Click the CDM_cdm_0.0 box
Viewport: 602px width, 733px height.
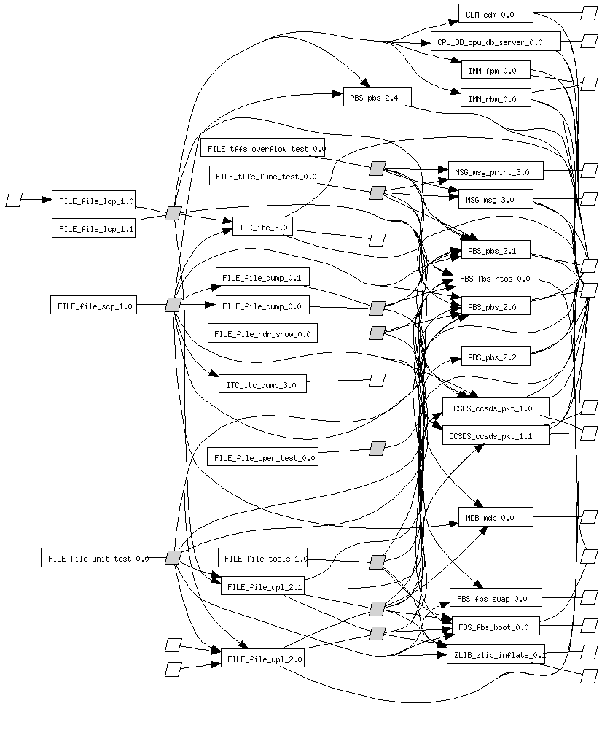click(x=496, y=14)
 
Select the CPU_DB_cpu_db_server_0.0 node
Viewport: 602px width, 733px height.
click(x=496, y=42)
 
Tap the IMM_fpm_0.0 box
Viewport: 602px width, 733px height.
click(x=495, y=70)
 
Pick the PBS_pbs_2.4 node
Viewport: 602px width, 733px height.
click(x=377, y=97)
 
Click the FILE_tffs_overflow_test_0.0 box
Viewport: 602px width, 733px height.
click(x=262, y=148)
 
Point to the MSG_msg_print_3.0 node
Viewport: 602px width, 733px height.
click(x=495, y=172)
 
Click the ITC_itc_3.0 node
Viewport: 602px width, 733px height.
click(x=262, y=228)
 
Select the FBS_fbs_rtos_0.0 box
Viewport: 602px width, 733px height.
click(x=496, y=278)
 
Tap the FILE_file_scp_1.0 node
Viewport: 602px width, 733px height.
click(x=93, y=306)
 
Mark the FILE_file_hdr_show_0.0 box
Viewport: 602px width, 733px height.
click(x=262, y=334)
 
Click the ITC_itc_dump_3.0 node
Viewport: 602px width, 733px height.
click(x=262, y=384)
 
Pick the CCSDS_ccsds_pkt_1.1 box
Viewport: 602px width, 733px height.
click(x=496, y=435)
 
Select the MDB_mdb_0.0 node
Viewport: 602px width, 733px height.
click(x=496, y=517)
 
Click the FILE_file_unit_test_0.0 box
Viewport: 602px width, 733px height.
click(x=93, y=559)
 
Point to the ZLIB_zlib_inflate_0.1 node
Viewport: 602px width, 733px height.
click(x=496, y=654)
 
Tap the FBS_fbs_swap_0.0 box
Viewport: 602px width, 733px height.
click(x=496, y=598)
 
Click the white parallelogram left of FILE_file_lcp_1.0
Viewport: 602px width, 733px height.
click(x=14, y=199)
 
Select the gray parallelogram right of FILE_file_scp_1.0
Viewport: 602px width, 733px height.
click(x=173, y=305)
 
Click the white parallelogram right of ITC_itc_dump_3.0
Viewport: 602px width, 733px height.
click(x=377, y=379)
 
